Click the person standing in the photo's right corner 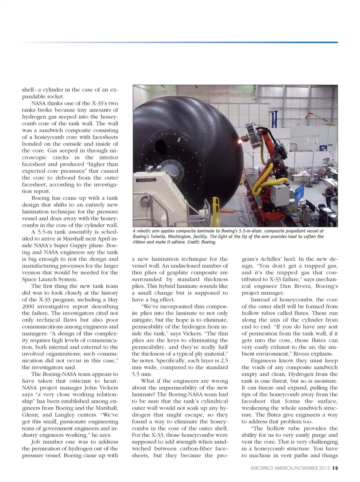click(x=328, y=195)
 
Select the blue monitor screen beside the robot click(x=300, y=205)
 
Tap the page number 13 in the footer click(x=335, y=468)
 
